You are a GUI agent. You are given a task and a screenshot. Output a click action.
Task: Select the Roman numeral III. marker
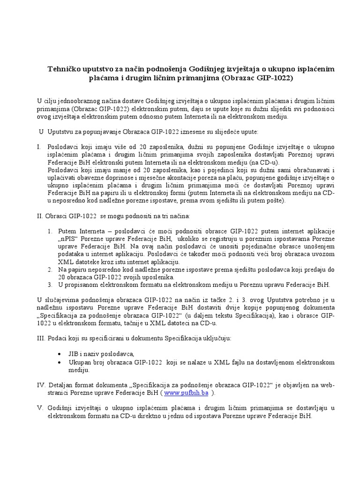(41, 337)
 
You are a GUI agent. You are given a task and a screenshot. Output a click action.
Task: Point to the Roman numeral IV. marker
(41, 385)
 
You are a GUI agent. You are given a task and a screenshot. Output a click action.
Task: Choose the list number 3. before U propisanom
(50, 285)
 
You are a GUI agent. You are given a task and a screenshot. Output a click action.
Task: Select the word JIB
(74, 354)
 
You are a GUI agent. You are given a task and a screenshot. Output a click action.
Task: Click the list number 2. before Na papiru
(50, 270)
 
